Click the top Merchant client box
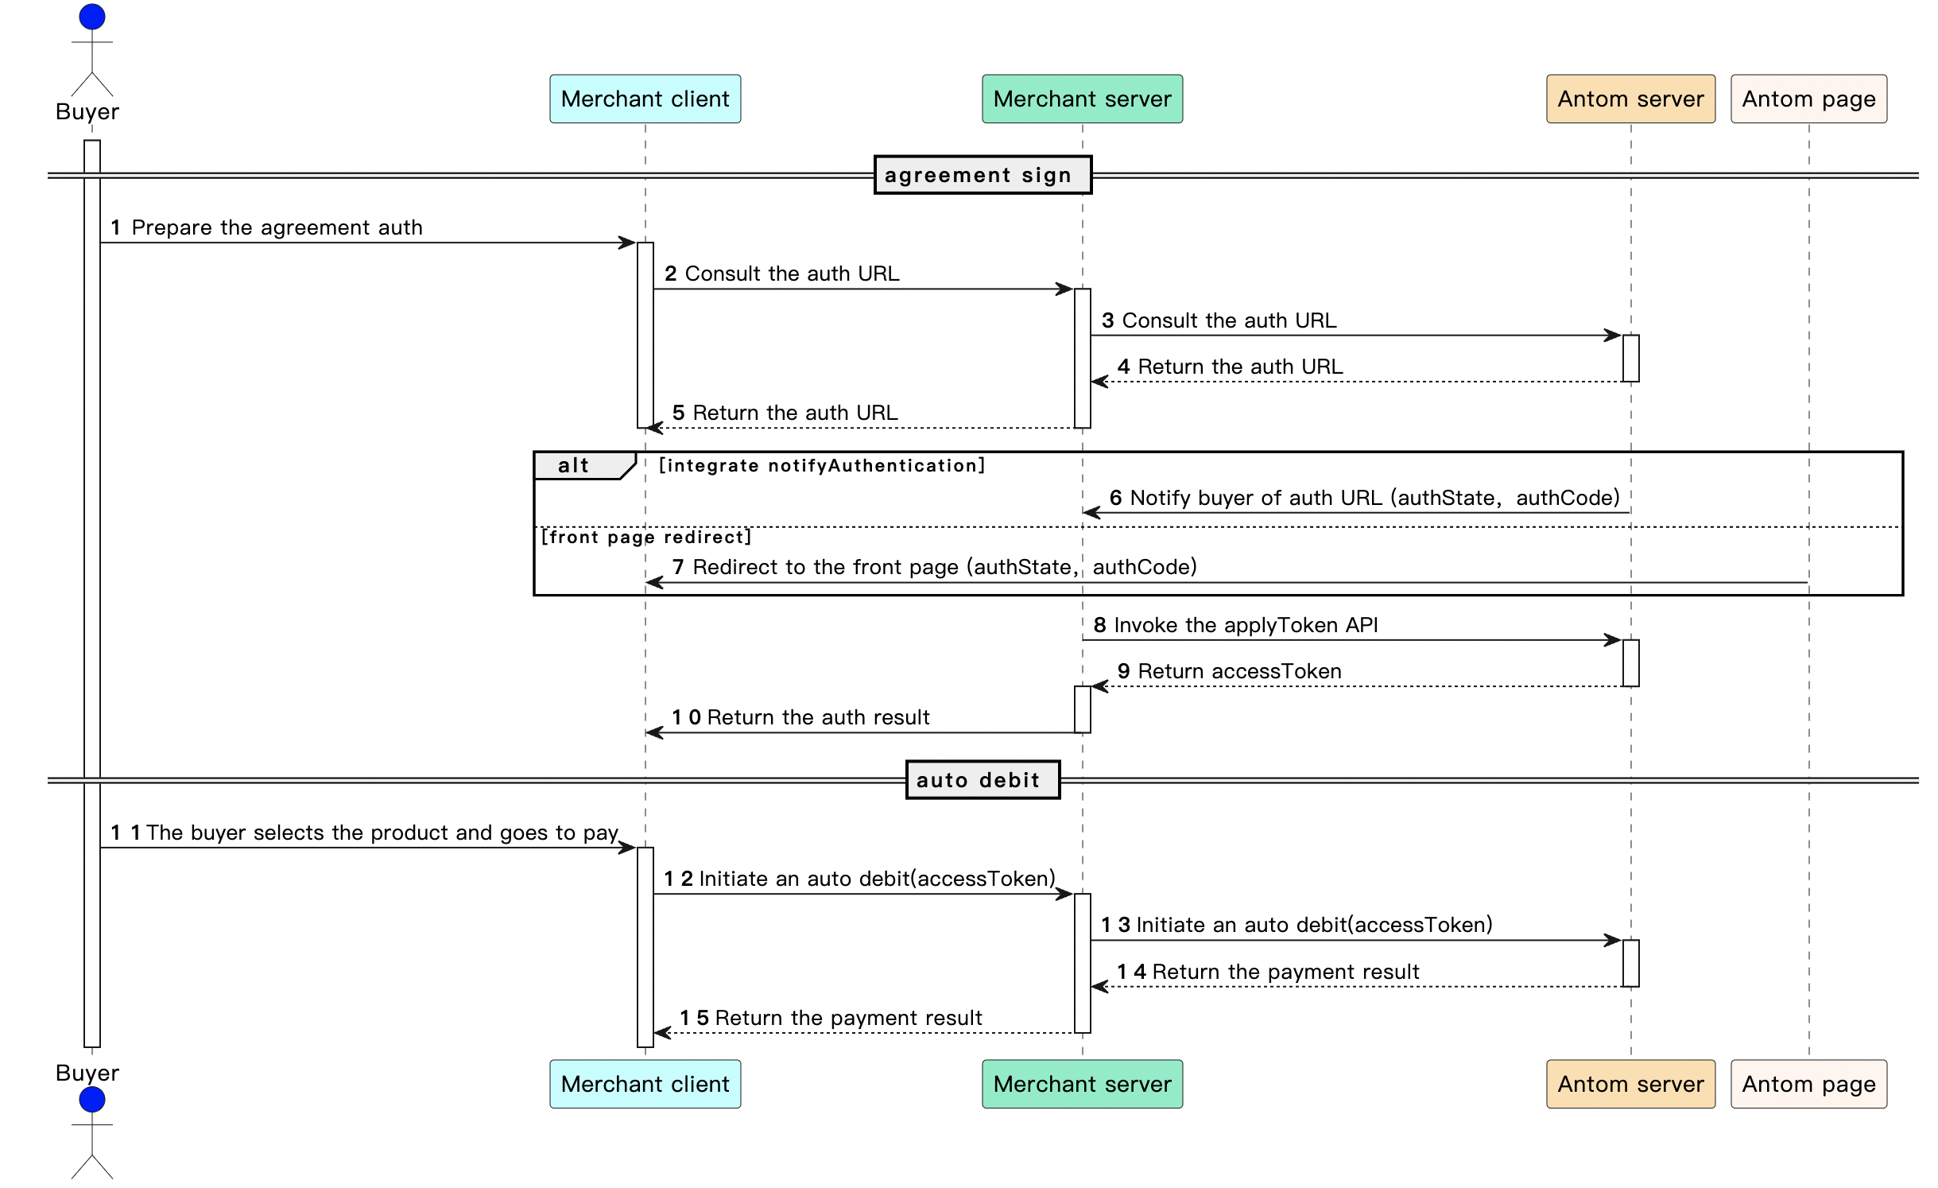click(645, 99)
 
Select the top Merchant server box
click(1082, 99)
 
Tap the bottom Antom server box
click(1630, 1084)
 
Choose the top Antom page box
click(1808, 99)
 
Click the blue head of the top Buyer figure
click(92, 17)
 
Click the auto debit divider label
click(983, 780)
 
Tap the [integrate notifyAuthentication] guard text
click(822, 465)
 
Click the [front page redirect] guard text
click(645, 537)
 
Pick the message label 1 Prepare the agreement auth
click(266, 227)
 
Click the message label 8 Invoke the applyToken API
click(1235, 625)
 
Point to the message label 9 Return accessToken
click(1229, 671)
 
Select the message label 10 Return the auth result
click(800, 717)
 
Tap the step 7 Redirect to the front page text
click(934, 567)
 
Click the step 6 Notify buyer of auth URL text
click(1364, 498)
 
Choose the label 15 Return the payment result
click(831, 1018)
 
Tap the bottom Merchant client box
click(645, 1084)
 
